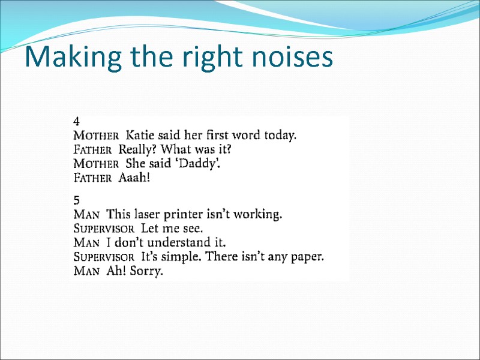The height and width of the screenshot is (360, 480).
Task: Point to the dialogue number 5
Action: [76, 199]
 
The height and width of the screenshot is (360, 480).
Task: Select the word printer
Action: [187, 214]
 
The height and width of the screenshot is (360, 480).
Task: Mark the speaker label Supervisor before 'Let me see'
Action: [103, 229]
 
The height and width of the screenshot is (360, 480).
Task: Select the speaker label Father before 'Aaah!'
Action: [92, 178]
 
